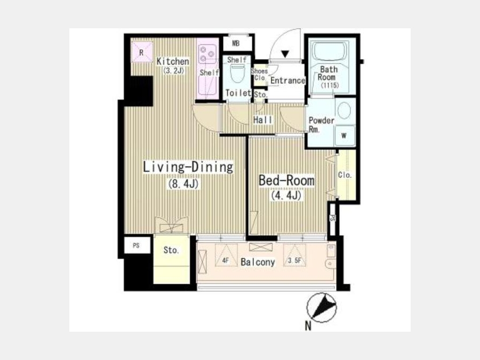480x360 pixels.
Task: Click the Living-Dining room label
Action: tap(188, 167)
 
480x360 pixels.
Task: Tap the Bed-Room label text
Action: tap(286, 180)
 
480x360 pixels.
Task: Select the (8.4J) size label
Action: tap(183, 183)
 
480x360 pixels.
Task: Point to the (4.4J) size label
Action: tap(286, 195)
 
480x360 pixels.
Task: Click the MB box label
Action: tap(236, 44)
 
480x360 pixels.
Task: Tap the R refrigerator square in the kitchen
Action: tap(141, 52)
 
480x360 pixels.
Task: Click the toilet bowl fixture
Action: tap(237, 74)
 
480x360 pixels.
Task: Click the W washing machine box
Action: tap(344, 135)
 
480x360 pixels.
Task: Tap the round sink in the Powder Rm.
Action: tap(345, 110)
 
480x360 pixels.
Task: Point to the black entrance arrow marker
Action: tap(285, 54)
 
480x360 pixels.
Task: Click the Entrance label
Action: tap(287, 81)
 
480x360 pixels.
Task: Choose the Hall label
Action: tap(262, 120)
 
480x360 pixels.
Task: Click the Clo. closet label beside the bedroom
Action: tap(345, 175)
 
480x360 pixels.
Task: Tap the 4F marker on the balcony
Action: tap(226, 261)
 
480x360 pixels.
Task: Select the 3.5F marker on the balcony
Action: tap(294, 261)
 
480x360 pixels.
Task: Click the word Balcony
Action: tap(258, 262)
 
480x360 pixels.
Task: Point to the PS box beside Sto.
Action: tap(137, 245)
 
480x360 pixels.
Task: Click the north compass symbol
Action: tap(322, 308)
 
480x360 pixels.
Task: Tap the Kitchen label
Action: tap(173, 61)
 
